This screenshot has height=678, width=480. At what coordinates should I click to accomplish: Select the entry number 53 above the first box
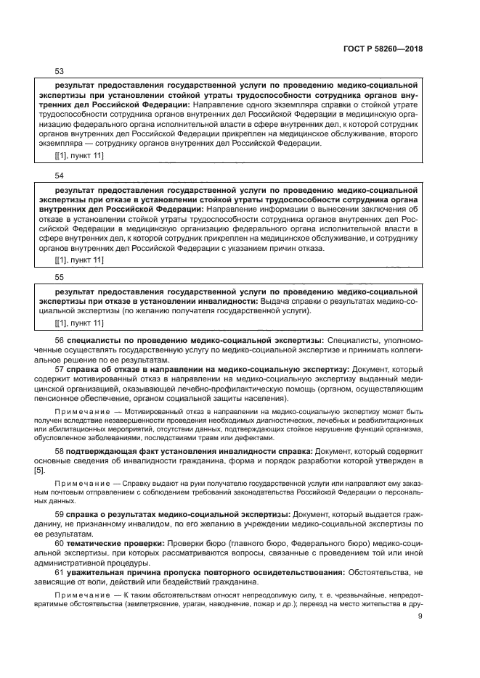click(60, 71)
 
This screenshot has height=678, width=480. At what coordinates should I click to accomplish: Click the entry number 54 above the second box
click(60, 176)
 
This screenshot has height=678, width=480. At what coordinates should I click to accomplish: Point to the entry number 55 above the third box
click(60, 277)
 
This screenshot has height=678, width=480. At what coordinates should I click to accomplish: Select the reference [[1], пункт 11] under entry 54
click(79, 260)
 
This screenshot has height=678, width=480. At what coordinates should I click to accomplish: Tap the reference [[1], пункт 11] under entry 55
click(79, 323)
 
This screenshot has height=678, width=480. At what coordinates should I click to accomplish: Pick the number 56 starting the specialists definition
click(60, 339)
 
